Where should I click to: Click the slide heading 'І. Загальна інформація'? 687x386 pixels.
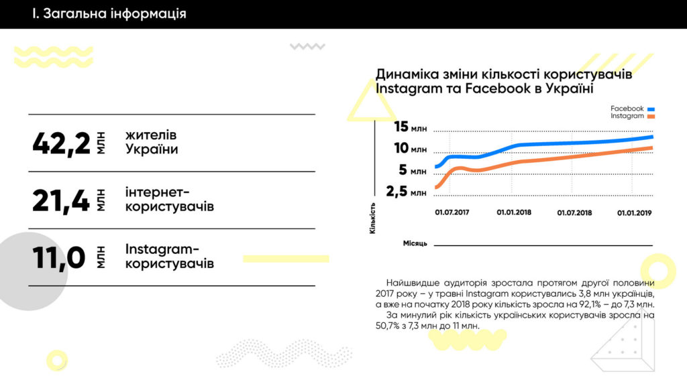coord(109,14)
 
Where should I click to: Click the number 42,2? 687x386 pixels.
coord(61,143)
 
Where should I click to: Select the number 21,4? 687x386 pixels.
coord(61,200)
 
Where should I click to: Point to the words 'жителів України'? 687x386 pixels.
coord(152,143)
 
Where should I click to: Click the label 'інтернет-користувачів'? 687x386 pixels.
coord(169,200)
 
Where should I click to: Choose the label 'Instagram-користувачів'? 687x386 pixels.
coord(169,256)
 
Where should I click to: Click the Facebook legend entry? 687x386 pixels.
coord(631,109)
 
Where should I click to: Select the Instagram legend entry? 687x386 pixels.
coord(631,117)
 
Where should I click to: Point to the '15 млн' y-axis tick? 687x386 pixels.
coord(410,127)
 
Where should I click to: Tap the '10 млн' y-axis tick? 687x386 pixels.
coord(410,149)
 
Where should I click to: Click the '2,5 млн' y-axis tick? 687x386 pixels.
coord(407,192)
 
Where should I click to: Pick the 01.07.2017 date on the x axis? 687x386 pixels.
coord(452,213)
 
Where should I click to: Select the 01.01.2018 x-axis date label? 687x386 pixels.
coord(514,213)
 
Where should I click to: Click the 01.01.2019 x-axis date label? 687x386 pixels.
coord(635,213)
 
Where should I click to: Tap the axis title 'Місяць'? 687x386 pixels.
coord(415,243)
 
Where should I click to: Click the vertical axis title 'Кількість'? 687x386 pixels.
coord(373,217)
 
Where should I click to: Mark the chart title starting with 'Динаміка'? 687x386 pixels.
coord(503,81)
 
